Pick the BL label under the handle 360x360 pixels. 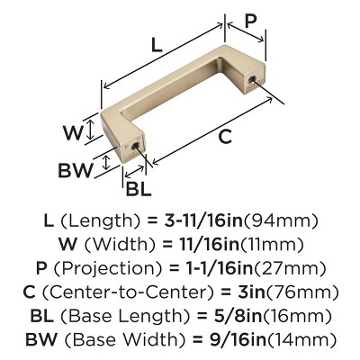pos(138,189)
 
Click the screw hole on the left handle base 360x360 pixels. pos(135,146)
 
